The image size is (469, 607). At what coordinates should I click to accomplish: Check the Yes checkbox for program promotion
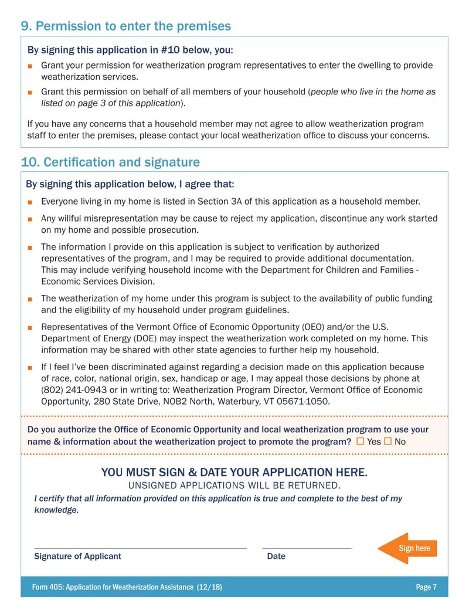360,441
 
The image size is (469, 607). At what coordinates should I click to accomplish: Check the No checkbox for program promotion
388,441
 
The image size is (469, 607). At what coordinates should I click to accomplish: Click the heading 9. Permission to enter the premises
125,26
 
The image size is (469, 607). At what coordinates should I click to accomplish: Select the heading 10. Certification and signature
110,162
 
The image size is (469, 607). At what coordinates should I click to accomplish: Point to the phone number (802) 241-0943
69,390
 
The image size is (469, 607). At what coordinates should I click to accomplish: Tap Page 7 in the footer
426,587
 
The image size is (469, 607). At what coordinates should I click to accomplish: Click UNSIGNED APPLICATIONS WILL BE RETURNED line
234,485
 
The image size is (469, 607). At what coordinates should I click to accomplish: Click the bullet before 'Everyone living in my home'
30,202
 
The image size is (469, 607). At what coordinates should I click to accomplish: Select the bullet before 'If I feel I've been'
30,368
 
